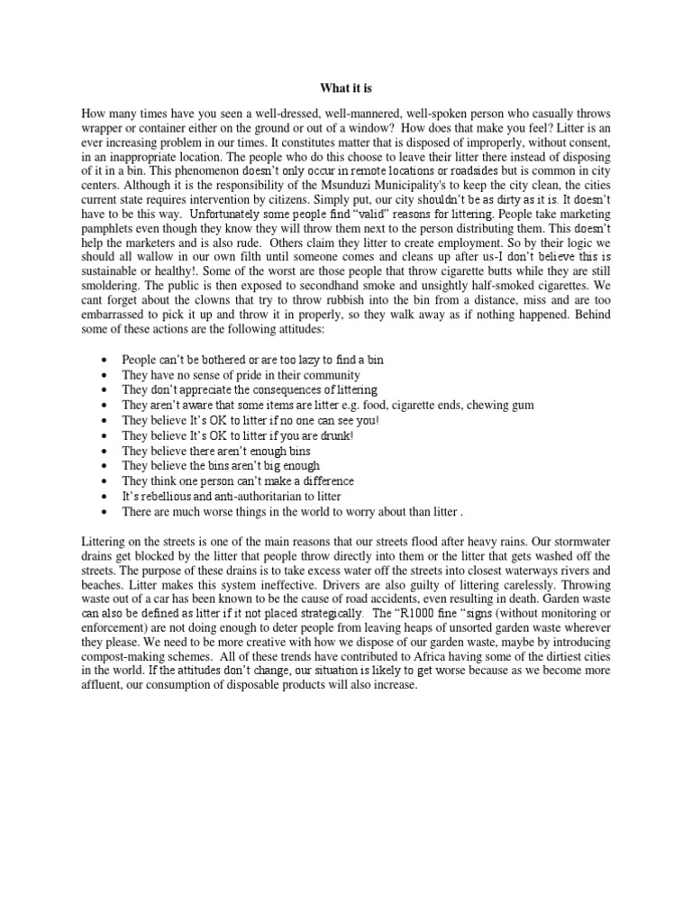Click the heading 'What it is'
[x=347, y=88]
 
